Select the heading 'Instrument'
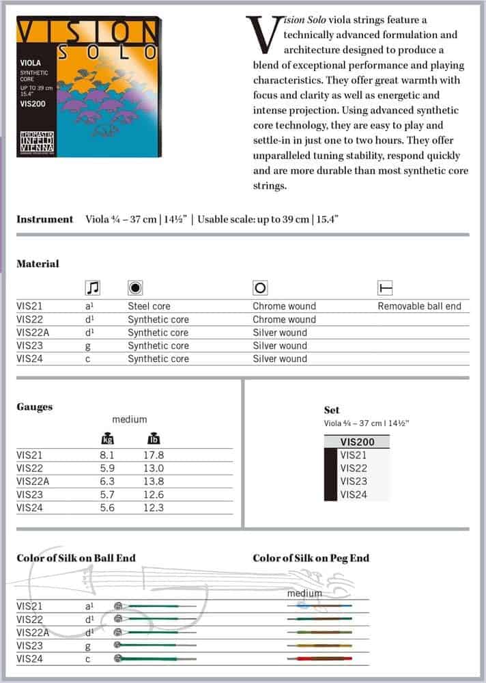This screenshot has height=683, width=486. tap(44, 219)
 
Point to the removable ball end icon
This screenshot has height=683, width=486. tap(385, 288)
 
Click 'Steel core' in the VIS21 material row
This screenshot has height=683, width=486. tap(149, 307)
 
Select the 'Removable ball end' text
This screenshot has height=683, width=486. tap(419, 307)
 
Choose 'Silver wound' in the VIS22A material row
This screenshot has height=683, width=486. tap(280, 333)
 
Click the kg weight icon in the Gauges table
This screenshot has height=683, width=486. tap(107, 438)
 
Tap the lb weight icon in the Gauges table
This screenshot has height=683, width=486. tap(154, 438)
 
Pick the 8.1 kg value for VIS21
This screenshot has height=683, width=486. tap(107, 456)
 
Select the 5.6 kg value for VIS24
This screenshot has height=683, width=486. tap(107, 507)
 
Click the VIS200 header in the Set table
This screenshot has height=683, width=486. tap(357, 442)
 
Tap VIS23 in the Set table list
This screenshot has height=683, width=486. tap(353, 482)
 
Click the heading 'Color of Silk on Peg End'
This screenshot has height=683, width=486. tap(311, 558)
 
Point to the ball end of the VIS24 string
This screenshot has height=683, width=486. tap(118, 658)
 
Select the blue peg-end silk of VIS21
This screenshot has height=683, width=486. tap(302, 606)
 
